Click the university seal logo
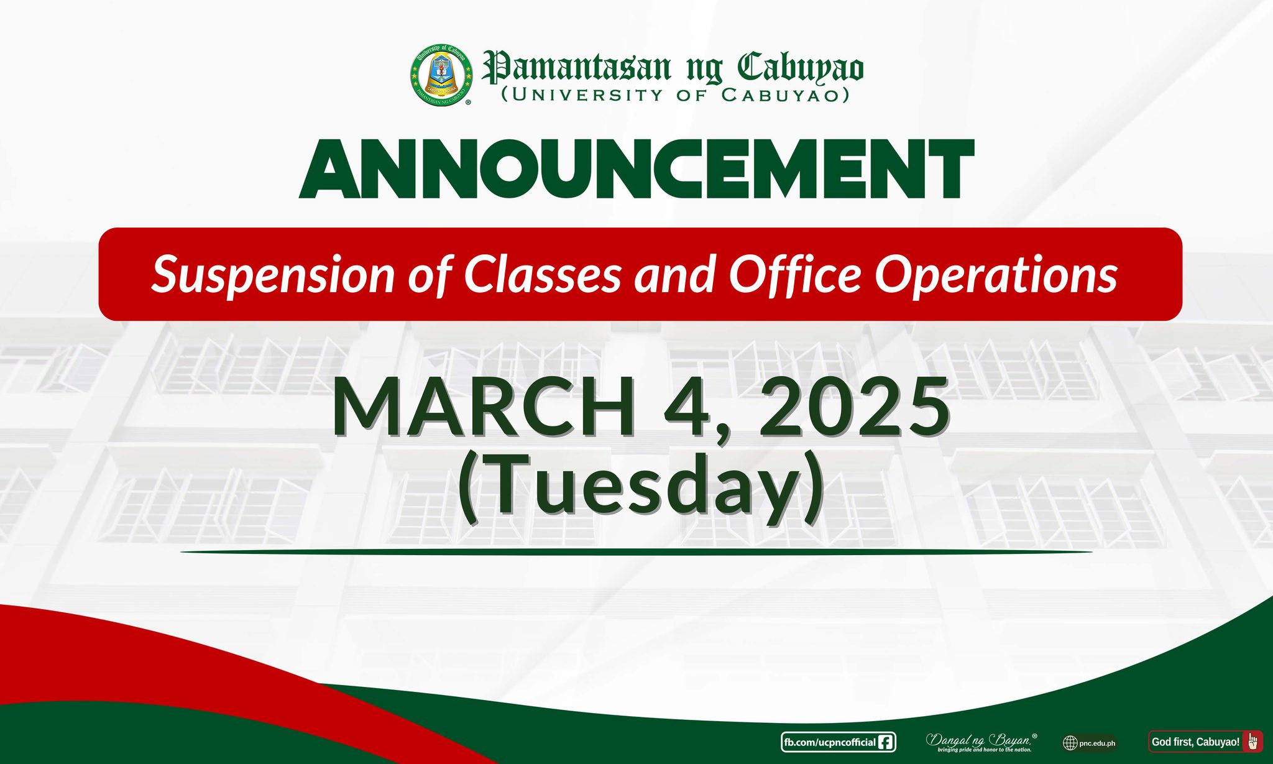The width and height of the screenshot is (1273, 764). coord(441,75)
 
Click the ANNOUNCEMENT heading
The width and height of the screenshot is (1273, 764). coord(636,169)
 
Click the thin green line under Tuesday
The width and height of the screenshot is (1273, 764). coord(636,551)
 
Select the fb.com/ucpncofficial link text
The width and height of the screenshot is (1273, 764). coord(829,742)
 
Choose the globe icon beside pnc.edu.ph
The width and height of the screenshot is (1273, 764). coord(1070,743)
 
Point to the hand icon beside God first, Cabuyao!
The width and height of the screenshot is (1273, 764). coord(1252,742)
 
